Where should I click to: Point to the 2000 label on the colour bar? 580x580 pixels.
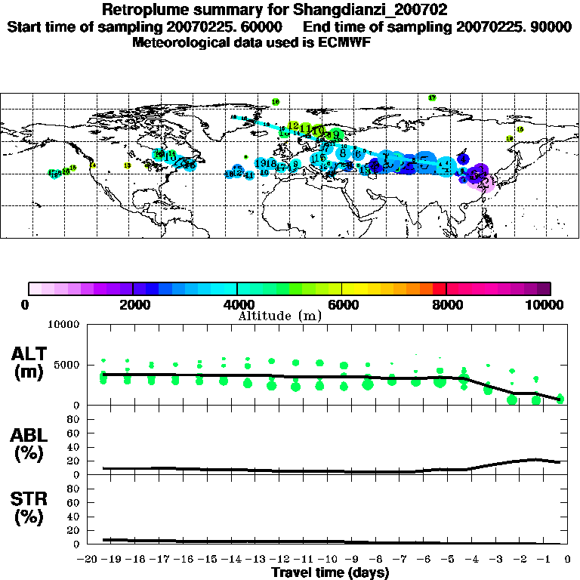pos(132,304)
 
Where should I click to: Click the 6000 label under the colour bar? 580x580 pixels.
pos(341,304)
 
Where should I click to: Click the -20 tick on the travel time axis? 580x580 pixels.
pos(90,560)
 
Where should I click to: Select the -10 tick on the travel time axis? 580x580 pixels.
pos(328,560)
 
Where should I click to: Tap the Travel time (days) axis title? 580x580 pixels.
pos(330,572)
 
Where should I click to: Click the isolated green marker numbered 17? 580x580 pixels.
pos(432,98)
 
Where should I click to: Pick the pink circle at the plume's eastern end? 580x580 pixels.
pos(487,184)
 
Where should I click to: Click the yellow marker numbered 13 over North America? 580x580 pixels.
pos(127,165)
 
